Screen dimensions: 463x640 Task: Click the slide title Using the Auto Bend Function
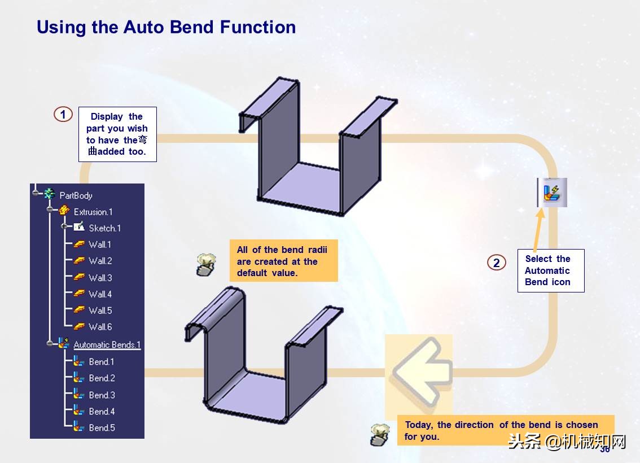166,27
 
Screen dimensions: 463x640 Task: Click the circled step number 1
63,115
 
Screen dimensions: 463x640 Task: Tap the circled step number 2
496,263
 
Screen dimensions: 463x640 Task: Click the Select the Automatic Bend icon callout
550,270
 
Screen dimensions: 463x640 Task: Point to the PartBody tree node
76,195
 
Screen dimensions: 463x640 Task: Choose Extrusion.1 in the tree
93,212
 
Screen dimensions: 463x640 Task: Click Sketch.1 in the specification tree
104,228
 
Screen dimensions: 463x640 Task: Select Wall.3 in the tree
100,278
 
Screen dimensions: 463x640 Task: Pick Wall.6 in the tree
100,327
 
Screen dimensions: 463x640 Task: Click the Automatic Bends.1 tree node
107,345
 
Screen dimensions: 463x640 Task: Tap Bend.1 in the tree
102,362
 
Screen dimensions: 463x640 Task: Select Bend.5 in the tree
102,428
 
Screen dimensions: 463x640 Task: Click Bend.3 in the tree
102,395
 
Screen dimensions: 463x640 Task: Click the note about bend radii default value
283,261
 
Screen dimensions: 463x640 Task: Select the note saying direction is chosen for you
505,430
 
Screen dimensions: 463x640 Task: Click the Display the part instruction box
117,134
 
